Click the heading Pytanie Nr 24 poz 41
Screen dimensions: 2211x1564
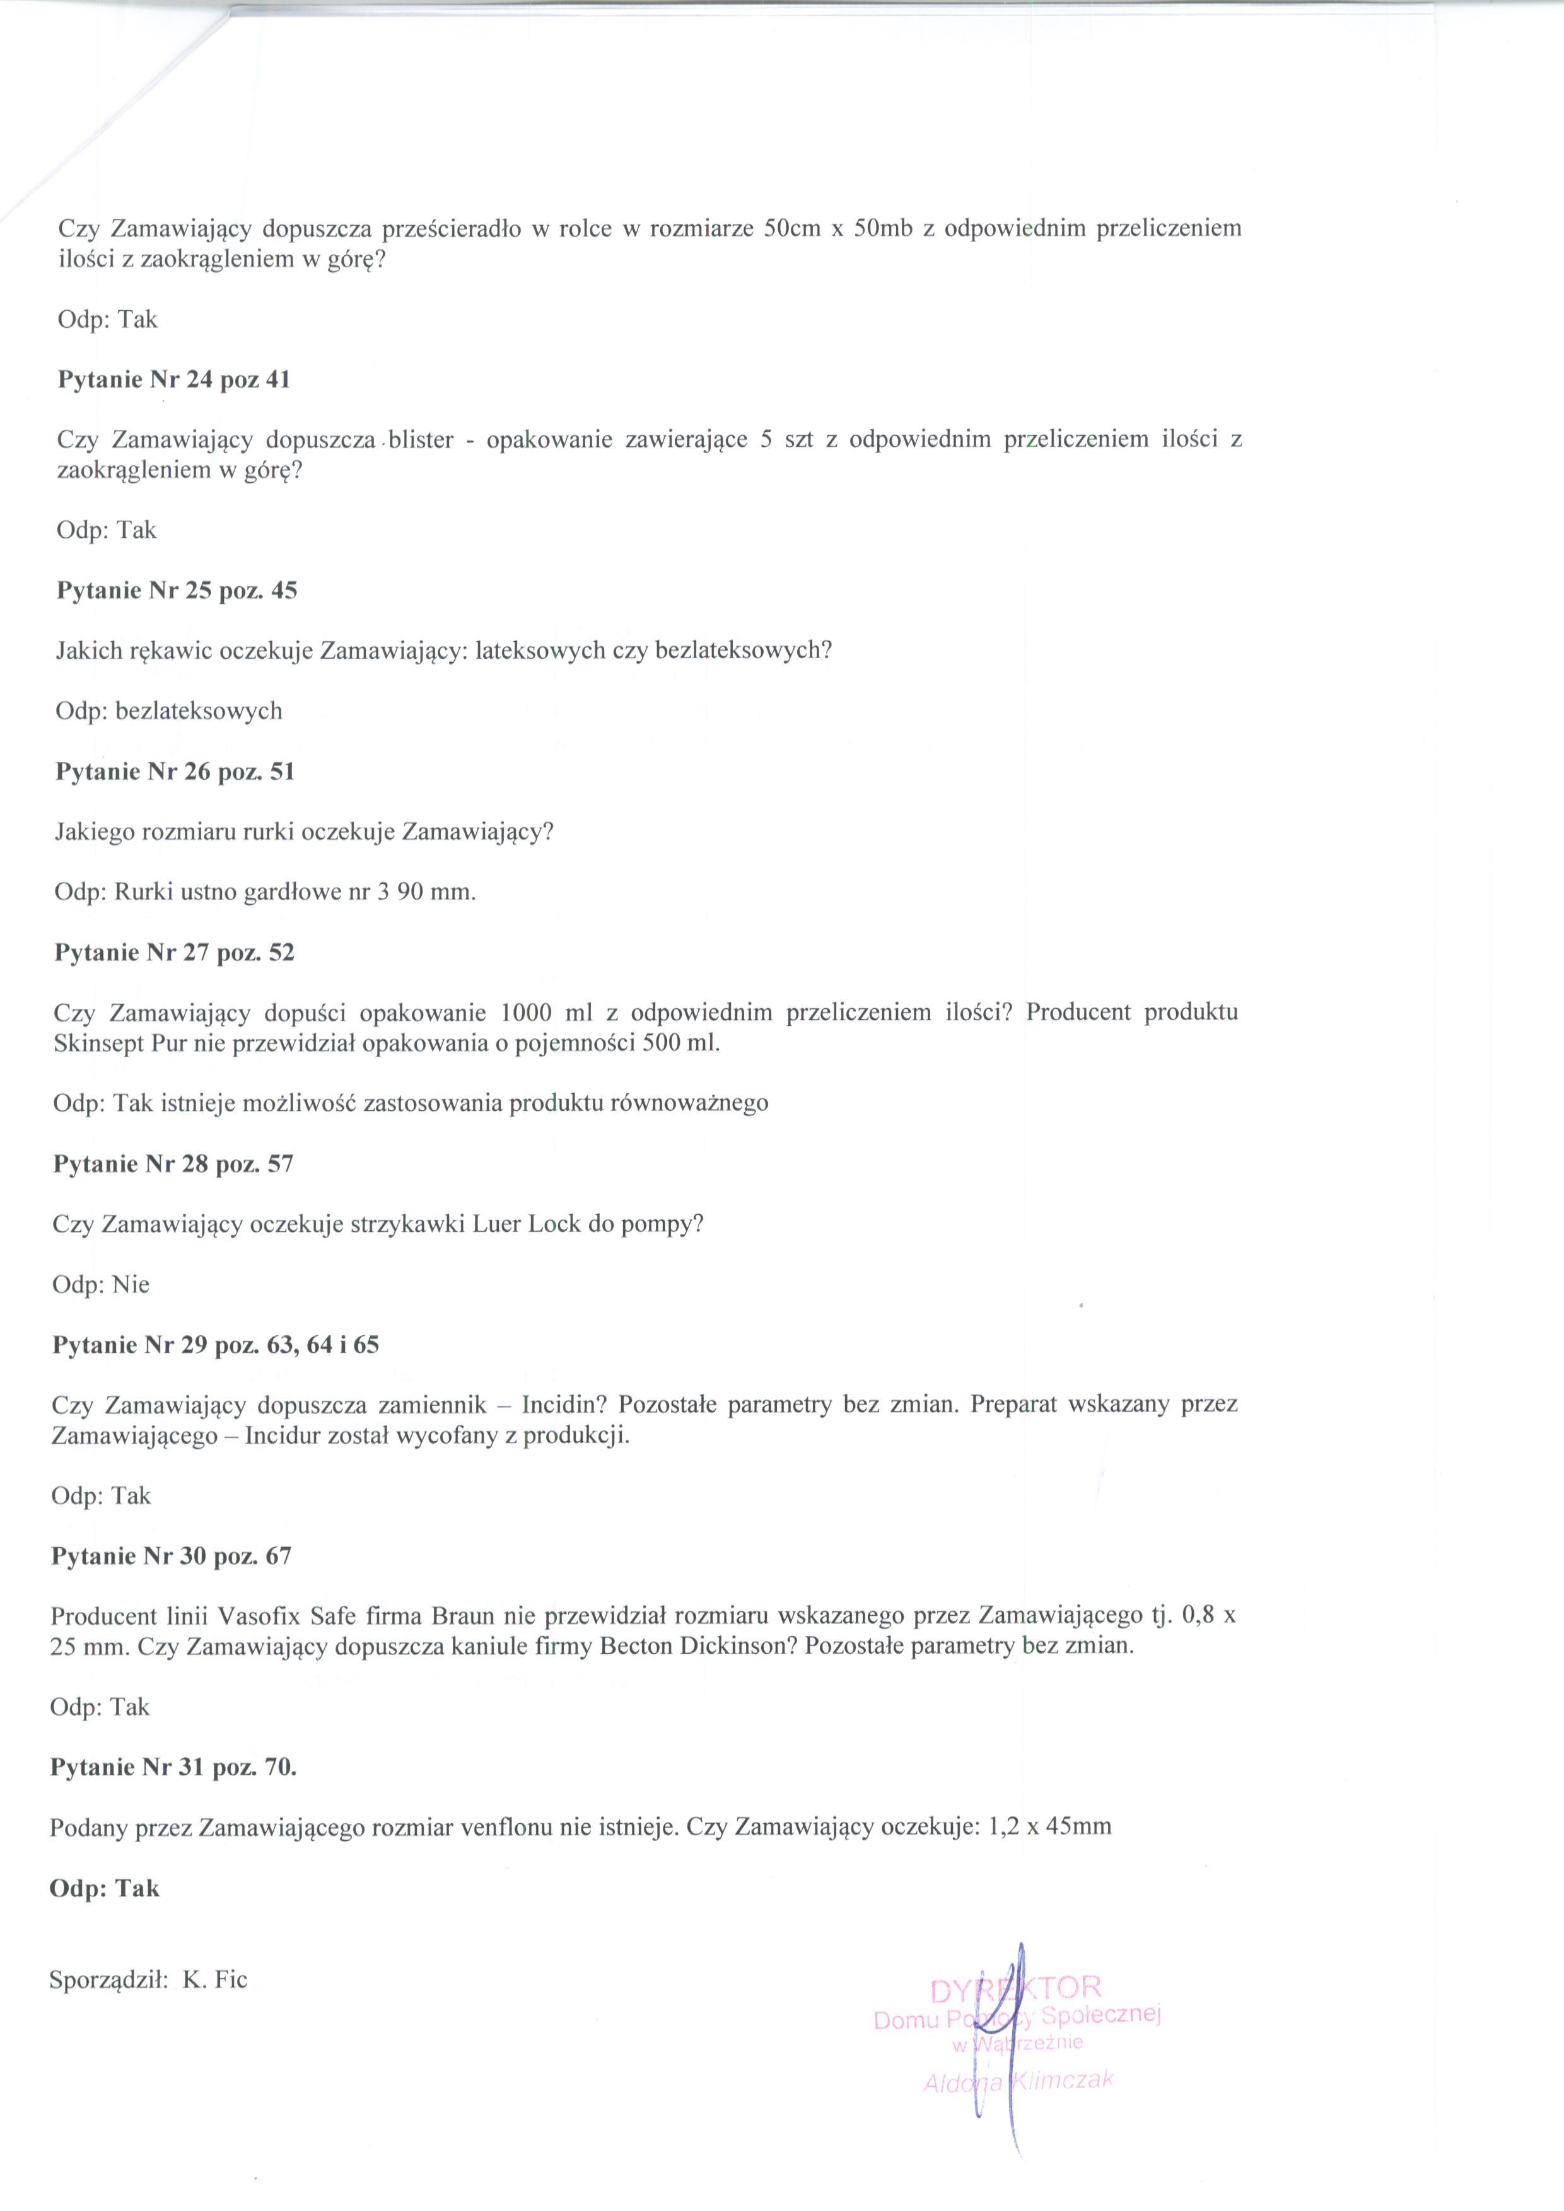[x=173, y=380]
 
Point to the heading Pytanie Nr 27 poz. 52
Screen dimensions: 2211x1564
[x=174, y=953]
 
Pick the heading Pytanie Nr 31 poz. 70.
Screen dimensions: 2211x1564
[x=173, y=1767]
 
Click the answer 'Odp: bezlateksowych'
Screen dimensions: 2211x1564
[x=168, y=712]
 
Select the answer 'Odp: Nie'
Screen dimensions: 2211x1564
[x=101, y=1285]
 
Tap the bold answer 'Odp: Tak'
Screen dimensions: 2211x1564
[x=104, y=1888]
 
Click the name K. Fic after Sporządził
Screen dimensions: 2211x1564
[x=215, y=1980]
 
